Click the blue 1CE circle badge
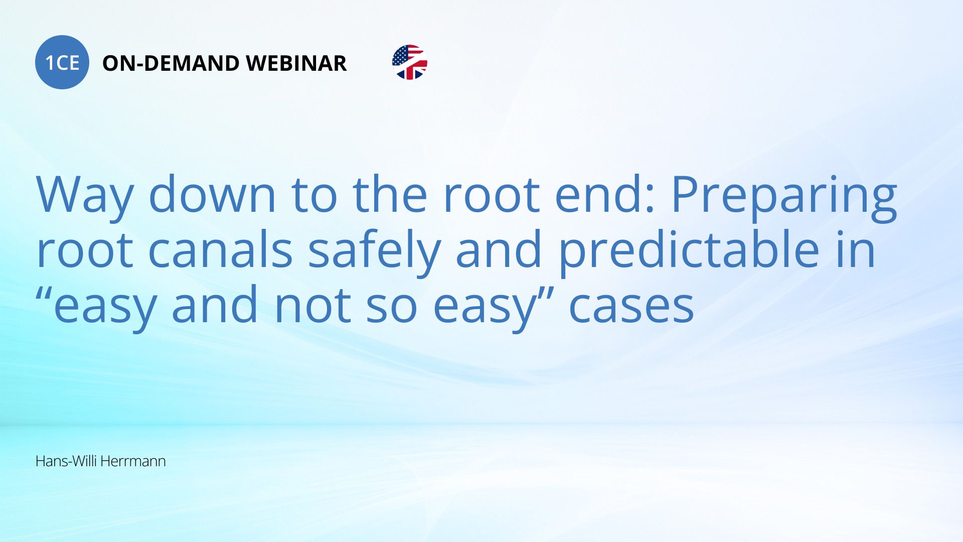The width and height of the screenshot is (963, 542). pos(62,62)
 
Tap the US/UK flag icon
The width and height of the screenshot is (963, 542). pos(410,62)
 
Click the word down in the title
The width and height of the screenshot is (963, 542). pos(213,194)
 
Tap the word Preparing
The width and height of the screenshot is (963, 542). pos(784,197)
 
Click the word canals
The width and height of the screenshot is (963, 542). pos(220,249)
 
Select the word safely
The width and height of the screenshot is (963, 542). pos(374,252)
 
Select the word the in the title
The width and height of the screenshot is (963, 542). pos(390,194)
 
